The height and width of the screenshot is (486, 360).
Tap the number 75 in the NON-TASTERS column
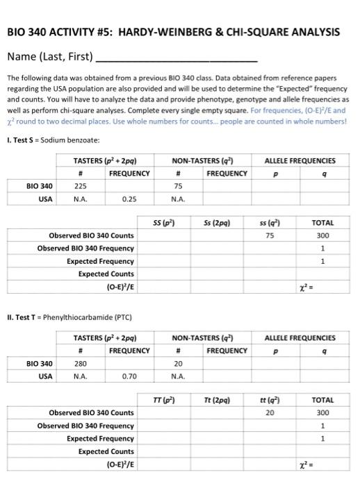coord(178,185)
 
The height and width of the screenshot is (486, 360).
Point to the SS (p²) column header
coord(163,223)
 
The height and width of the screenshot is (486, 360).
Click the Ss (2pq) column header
coord(218,223)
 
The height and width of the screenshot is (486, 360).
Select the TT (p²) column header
coord(163,401)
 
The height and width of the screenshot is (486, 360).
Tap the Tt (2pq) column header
coord(218,401)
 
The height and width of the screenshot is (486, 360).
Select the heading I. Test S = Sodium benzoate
coord(54,140)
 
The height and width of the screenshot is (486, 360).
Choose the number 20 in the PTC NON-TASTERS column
coord(178,362)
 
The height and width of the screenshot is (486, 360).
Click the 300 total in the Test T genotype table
coord(322,413)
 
